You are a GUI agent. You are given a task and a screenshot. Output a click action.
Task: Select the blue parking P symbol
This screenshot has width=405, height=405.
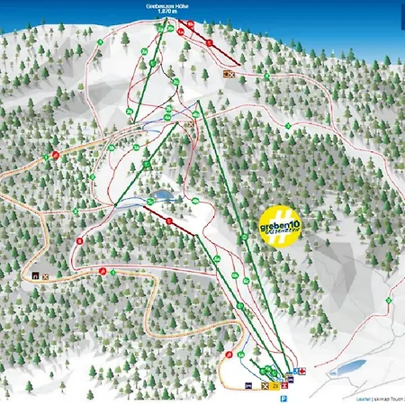[x=283, y=398]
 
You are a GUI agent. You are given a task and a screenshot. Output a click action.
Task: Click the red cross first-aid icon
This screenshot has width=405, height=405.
[x=302, y=369]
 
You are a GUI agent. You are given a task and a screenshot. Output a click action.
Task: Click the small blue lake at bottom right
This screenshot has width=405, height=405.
[x=347, y=367]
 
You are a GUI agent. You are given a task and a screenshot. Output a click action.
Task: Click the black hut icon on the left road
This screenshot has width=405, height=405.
[x=35, y=275]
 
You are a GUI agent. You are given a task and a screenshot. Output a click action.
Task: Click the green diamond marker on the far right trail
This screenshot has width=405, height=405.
[x=388, y=299]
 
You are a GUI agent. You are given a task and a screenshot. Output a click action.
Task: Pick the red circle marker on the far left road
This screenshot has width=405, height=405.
[x=56, y=155]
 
